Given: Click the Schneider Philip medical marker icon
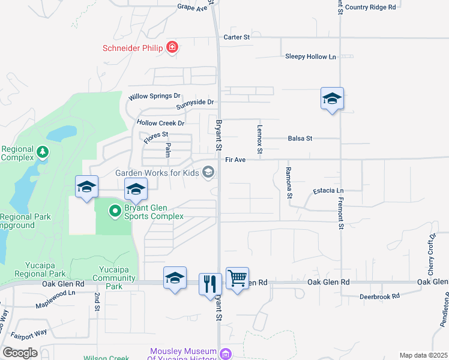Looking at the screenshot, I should [x=172, y=47].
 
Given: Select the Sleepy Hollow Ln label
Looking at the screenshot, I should [x=310, y=56].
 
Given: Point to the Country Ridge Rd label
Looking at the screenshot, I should [x=370, y=7].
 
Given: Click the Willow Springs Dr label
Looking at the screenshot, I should [x=154, y=96].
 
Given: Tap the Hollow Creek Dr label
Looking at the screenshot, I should [x=160, y=123].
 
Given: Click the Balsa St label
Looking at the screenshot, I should [x=300, y=139].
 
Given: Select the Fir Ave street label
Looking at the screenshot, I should [x=235, y=160].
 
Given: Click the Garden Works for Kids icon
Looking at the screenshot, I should [x=208, y=173].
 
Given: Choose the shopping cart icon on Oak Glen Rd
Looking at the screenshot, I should [x=237, y=278].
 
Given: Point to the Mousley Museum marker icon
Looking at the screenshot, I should [x=224, y=354].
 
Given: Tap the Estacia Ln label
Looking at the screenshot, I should [x=328, y=191].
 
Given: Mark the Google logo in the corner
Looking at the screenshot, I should [x=20, y=353].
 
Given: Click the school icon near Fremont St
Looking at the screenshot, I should [x=332, y=98].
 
